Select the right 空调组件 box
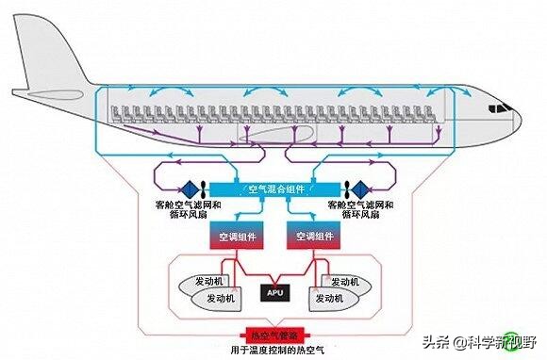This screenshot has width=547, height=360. (311, 236)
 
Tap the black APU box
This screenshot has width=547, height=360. (274, 291)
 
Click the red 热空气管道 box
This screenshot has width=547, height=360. (273, 335)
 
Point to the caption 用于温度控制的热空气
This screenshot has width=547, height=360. (273, 350)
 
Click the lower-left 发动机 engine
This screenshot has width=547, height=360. (217, 299)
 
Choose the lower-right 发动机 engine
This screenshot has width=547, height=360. (333, 299)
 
